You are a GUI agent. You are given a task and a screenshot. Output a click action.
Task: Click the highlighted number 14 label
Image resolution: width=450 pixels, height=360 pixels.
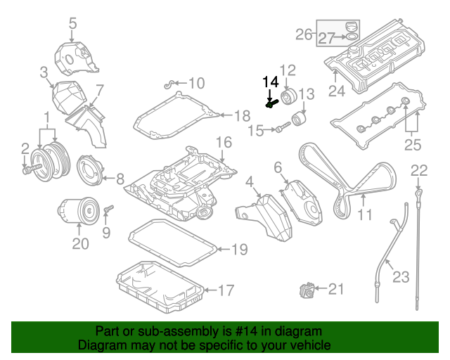pyautogui.click(x=271, y=82)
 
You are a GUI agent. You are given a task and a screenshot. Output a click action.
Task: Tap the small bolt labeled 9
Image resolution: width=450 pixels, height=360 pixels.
pyautogui.click(x=108, y=210)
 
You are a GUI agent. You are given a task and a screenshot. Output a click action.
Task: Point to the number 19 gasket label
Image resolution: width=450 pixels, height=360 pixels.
pyautogui.click(x=240, y=249)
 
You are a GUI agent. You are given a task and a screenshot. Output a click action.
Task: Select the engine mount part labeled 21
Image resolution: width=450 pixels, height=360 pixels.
pyautogui.click(x=306, y=290)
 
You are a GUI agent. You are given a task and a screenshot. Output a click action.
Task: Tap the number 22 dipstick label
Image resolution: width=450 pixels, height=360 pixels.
pyautogui.click(x=418, y=169)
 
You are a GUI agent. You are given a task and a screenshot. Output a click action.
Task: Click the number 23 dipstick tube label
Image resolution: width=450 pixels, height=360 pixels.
pyautogui.click(x=400, y=276)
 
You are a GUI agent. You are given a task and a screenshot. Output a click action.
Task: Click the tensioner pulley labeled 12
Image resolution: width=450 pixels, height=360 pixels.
pyautogui.click(x=288, y=96)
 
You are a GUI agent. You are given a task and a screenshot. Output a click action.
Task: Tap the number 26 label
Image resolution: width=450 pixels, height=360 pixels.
pyautogui.click(x=304, y=33)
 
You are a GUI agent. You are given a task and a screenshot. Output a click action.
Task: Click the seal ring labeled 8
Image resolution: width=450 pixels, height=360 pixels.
pyautogui.click(x=89, y=169)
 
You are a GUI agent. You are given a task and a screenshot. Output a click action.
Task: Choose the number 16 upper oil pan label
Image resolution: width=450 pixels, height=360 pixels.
pyautogui.click(x=223, y=143)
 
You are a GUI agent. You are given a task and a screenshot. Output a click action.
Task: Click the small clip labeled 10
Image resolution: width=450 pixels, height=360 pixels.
pyautogui.click(x=168, y=85)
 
